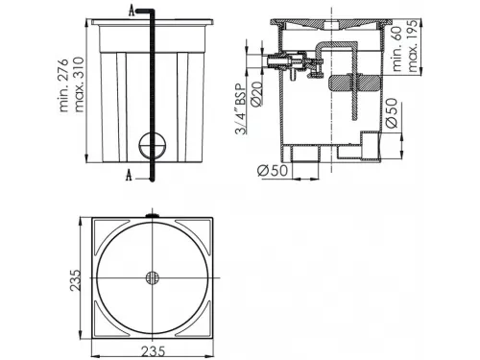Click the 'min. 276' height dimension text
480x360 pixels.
tap(64, 84)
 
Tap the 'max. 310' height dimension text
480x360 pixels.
tap(78, 84)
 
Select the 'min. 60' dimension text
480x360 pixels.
tap(396, 49)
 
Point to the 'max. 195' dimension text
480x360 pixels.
tap(412, 46)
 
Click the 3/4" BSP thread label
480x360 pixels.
tap(241, 108)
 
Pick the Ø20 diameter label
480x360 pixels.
tap(257, 93)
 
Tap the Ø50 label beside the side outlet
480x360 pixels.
tap(392, 112)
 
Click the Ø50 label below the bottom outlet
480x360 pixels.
tap(272, 170)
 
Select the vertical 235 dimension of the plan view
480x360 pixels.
tap(76, 280)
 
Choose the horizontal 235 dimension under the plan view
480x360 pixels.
tap(154, 351)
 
